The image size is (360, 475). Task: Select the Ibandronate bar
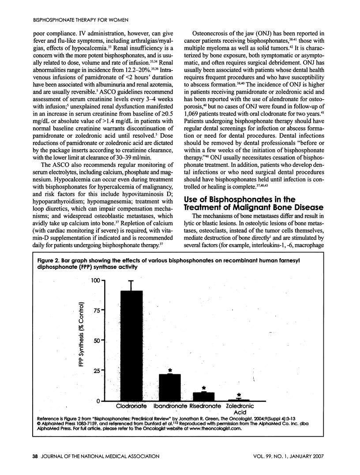click(170, 387)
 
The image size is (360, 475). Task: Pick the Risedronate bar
click(204, 396)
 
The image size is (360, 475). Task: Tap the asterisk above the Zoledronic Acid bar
click(239, 395)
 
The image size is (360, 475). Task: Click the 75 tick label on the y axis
click(97, 310)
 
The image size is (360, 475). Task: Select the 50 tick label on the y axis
click(97, 340)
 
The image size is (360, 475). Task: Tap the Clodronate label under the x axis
click(131, 406)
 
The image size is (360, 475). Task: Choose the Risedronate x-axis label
click(205, 406)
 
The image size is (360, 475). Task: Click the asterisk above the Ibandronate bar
click(170, 370)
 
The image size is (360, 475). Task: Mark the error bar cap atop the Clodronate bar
click(131, 280)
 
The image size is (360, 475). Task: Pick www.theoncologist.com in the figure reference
click(214, 428)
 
